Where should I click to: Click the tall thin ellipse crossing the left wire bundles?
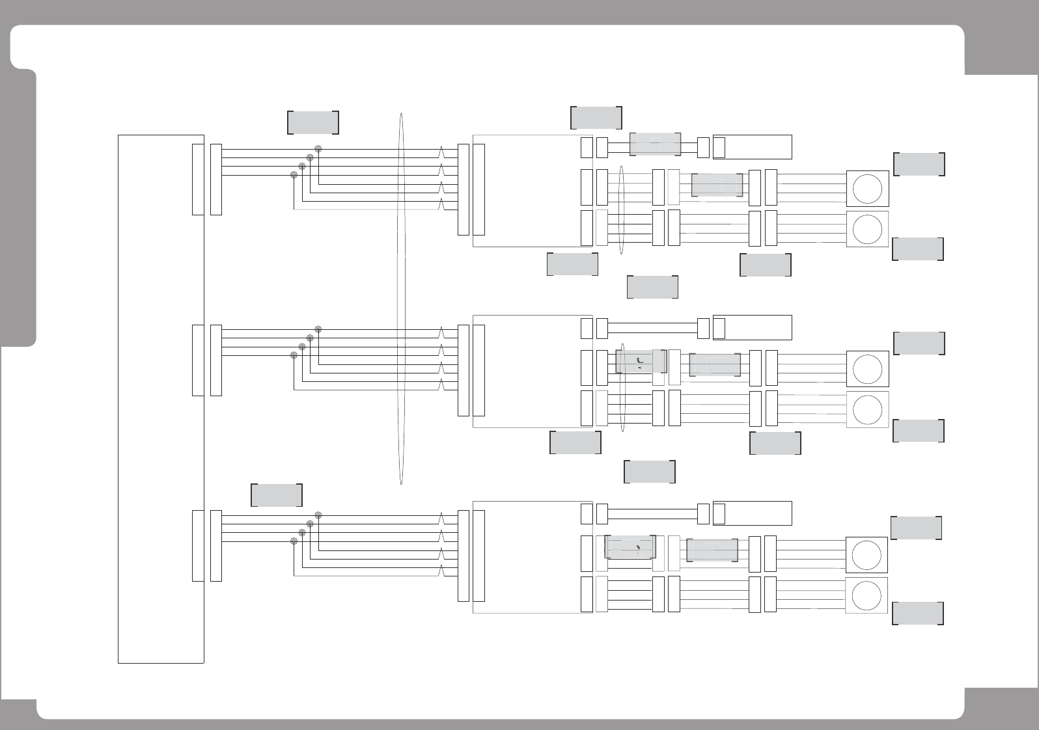pos(401,299)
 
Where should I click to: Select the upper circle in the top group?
pos(867,189)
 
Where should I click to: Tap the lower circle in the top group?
pos(867,229)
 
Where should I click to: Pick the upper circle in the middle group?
pos(867,369)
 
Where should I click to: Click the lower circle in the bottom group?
pos(866,595)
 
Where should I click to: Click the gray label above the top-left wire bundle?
pos(313,123)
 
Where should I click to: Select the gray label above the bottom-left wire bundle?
pos(277,495)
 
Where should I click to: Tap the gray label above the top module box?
pos(596,118)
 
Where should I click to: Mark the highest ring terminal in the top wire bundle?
pos(318,149)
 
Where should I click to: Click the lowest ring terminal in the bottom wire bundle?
pos(294,541)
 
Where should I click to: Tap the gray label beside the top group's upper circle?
pos(919,165)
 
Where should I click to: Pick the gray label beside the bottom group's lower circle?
pos(917,614)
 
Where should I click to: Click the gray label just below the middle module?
pos(575,442)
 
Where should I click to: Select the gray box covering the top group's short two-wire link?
pos(655,144)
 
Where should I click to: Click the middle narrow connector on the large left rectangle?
pos(198,360)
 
